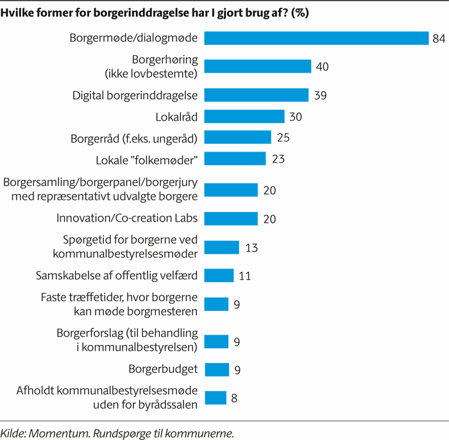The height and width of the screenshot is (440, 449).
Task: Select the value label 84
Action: [439, 39]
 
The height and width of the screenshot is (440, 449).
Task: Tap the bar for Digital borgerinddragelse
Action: [257, 95]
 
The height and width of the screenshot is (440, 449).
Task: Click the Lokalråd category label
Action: [177, 117]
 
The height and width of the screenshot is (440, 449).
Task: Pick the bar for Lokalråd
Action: [244, 117]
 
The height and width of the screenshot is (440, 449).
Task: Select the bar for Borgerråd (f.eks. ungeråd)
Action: [238, 137]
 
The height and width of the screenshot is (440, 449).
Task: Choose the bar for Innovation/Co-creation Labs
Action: [231, 218]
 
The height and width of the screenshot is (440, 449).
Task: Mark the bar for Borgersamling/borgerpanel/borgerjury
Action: [231, 189]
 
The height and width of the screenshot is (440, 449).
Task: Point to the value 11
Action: [244, 276]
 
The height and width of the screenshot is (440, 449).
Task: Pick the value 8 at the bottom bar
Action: [235, 398]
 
